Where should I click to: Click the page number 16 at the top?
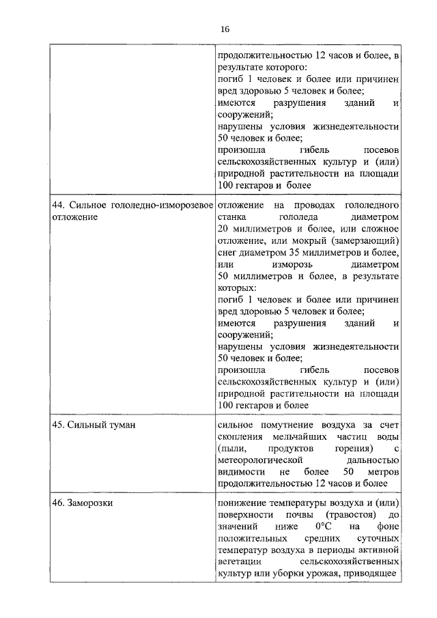click(x=225, y=29)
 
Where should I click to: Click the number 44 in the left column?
click(x=58, y=205)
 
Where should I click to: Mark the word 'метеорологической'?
click(x=259, y=460)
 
